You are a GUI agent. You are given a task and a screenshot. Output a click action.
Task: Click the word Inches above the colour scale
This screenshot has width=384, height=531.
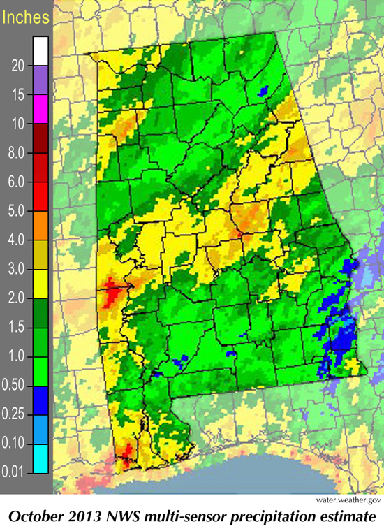[x=26, y=15]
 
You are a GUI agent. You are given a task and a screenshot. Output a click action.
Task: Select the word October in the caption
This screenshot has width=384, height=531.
[x=43, y=516]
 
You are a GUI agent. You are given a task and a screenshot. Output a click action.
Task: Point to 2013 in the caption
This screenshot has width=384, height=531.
[x=91, y=516]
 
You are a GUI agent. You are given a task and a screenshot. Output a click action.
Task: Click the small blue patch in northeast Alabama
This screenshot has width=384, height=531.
[x=263, y=91]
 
